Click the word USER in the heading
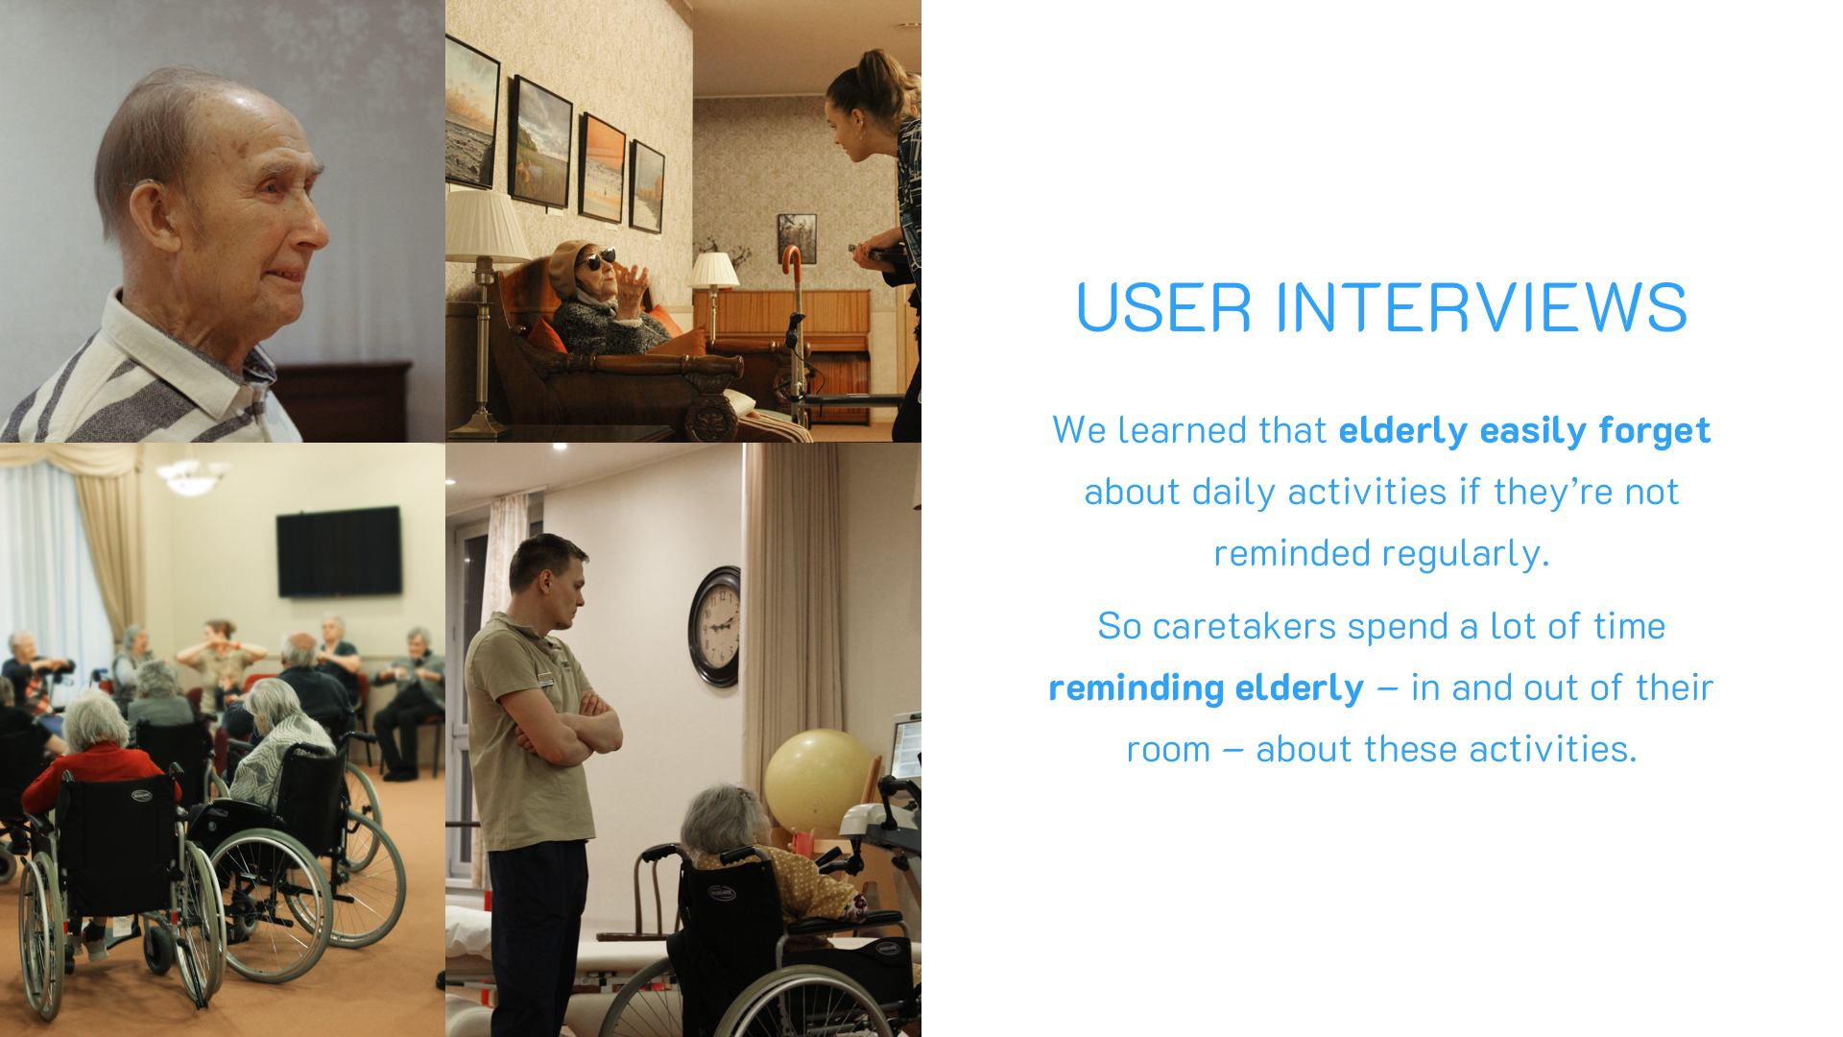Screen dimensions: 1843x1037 (1163, 307)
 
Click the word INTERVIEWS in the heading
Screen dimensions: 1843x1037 (1480, 307)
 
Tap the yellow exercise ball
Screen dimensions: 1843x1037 (820, 780)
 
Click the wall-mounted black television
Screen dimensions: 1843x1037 (339, 551)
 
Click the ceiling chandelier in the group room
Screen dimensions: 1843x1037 (192, 476)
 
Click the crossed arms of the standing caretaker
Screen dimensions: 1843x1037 (566, 730)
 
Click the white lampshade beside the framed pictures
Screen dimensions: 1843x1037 (486, 226)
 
